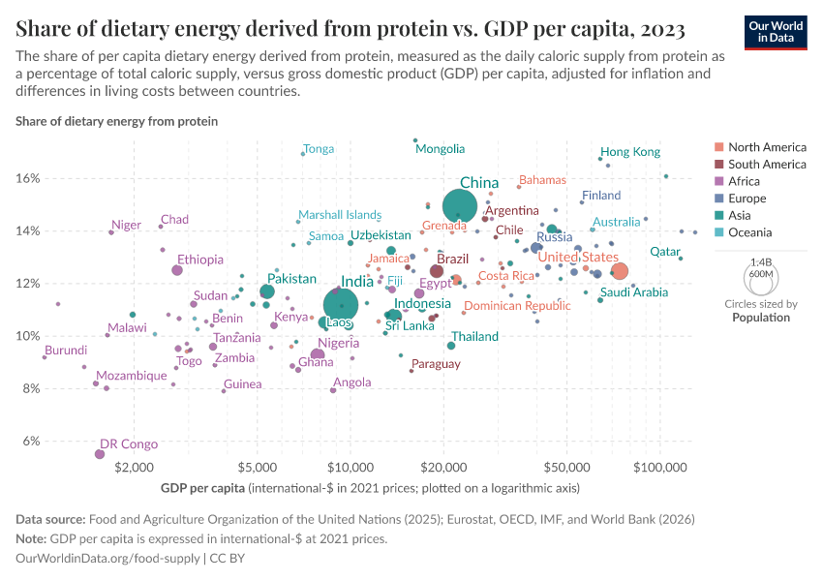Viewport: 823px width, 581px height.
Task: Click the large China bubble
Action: (x=460, y=206)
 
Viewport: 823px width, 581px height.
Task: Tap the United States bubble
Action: (x=620, y=271)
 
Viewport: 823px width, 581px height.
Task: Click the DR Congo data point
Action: (x=100, y=454)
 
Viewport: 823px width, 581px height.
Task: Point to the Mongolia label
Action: (x=440, y=149)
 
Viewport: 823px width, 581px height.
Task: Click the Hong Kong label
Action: (x=630, y=152)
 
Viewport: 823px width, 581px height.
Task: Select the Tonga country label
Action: (x=319, y=149)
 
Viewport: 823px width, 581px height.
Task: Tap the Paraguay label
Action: (x=436, y=364)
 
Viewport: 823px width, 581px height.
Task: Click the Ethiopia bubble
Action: (x=177, y=270)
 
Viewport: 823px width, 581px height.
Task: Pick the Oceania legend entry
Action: (x=749, y=232)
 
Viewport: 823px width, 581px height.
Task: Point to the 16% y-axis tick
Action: (x=27, y=179)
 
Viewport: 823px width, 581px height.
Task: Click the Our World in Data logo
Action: (x=777, y=31)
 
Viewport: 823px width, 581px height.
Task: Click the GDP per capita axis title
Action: (x=203, y=487)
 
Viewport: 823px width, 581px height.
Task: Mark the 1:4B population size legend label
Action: (x=761, y=261)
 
